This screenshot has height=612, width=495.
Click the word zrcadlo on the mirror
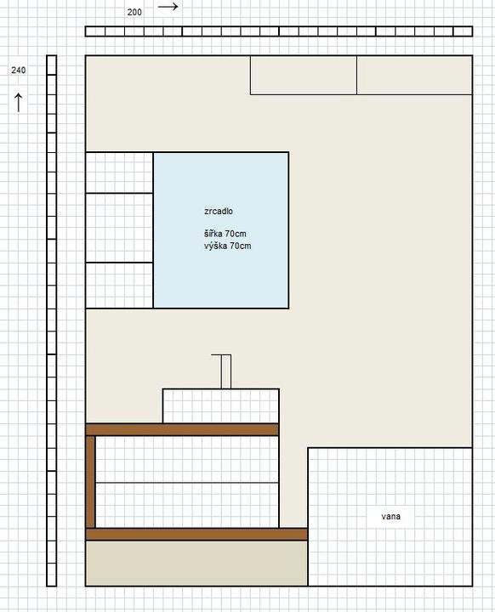(x=219, y=211)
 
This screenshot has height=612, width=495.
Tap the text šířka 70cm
(x=225, y=234)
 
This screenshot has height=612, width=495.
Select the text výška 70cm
(x=227, y=246)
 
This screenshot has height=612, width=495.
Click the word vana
(x=390, y=517)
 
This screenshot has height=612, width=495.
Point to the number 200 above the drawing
(x=134, y=12)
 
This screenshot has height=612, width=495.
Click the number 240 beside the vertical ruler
(x=19, y=71)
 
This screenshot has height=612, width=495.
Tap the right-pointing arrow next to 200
(x=168, y=6)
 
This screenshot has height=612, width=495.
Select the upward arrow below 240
(x=19, y=103)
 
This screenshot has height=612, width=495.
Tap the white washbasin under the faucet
(x=221, y=406)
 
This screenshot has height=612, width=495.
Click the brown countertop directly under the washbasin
(x=182, y=430)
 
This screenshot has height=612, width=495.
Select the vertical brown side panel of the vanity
(x=91, y=482)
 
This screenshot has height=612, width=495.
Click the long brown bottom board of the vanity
(x=196, y=535)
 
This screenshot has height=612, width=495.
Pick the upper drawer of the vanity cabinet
(x=187, y=459)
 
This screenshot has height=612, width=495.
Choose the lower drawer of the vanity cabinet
(x=187, y=506)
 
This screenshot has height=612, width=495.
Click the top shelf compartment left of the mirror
(x=119, y=173)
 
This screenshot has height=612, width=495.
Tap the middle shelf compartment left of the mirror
(x=119, y=228)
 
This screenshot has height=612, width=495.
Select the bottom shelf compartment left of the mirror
(x=119, y=286)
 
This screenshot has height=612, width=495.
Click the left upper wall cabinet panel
(x=304, y=76)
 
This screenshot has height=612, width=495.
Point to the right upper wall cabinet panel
(x=414, y=76)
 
